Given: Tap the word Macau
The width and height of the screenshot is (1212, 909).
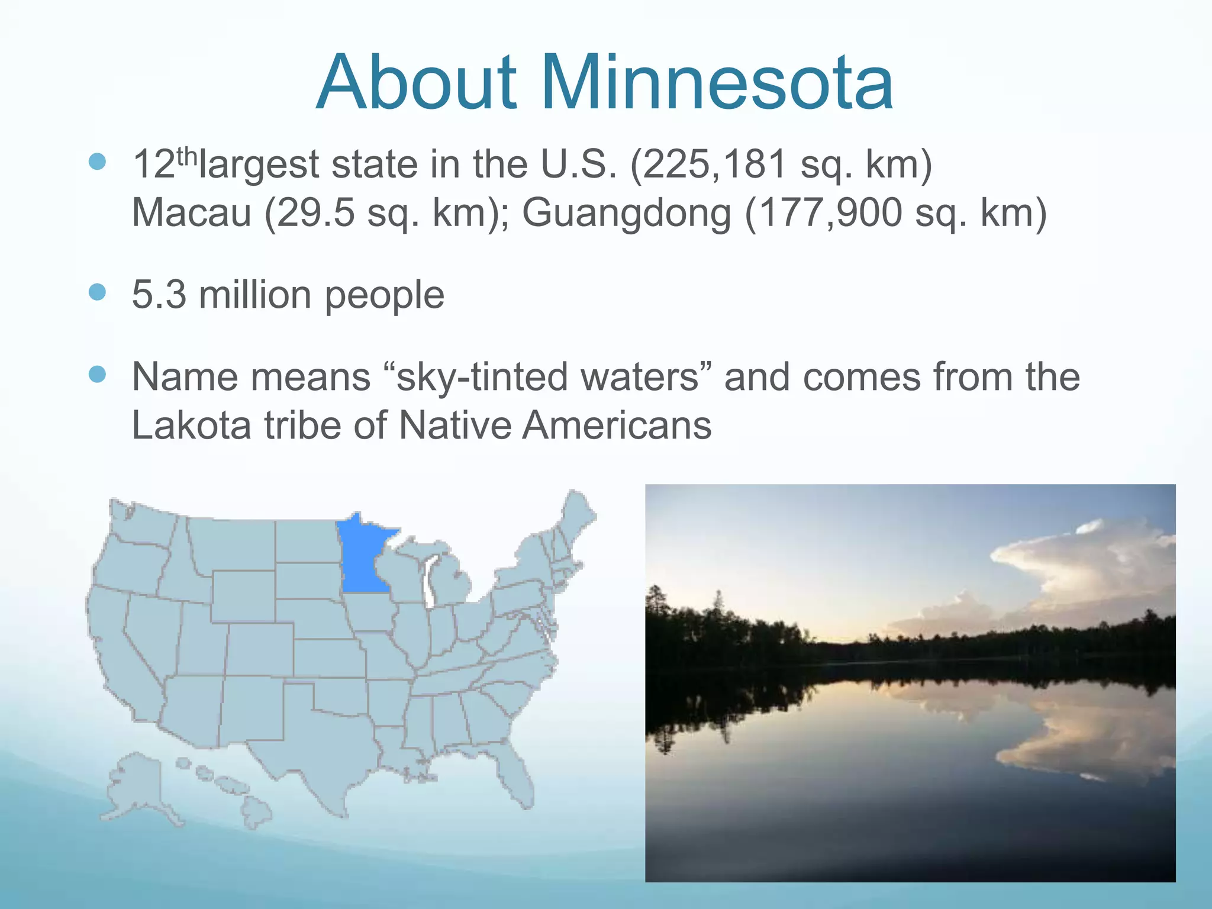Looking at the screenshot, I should click(192, 212).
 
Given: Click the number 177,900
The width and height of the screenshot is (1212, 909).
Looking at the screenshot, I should click(830, 212).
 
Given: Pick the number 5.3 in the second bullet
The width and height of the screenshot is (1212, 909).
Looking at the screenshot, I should click(159, 294).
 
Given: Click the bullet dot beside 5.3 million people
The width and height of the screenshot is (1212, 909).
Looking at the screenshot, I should click(97, 292).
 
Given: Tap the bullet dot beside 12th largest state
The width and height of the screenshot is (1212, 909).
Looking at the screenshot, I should click(97, 162).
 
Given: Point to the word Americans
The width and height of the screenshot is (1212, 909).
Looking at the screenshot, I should click(617, 425).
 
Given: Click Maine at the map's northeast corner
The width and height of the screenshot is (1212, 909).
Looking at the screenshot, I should click(577, 515).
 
